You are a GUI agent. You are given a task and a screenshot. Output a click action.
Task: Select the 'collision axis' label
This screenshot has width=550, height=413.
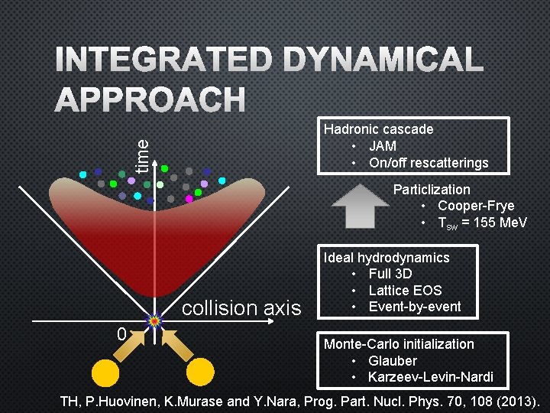pyautogui.click(x=242, y=308)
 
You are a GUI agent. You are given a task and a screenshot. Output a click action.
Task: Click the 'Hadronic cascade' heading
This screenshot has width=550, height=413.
pyautogui.click(x=378, y=129)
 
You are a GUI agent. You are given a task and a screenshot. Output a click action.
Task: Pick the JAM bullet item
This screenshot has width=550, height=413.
pyautogui.click(x=382, y=146)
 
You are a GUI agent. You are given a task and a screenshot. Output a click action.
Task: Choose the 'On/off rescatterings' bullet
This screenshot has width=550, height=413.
pyautogui.click(x=428, y=163)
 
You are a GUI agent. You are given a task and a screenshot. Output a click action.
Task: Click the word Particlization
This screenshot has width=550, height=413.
pyautogui.click(x=432, y=189)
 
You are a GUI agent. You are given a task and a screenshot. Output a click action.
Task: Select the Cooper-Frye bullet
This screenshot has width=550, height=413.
pyautogui.click(x=476, y=206)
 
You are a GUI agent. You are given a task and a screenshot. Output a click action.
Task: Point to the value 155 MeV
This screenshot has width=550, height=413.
pyautogui.click(x=497, y=223)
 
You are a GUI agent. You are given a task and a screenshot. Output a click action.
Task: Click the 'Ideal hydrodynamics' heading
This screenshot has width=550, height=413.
pyautogui.click(x=387, y=258)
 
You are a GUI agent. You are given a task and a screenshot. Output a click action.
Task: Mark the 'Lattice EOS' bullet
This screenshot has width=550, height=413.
pyautogui.click(x=405, y=291)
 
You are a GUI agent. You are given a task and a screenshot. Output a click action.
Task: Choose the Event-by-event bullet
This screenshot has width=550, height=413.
pyautogui.click(x=415, y=307)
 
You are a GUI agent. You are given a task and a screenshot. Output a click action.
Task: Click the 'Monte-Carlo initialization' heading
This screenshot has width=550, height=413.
pyautogui.click(x=399, y=344)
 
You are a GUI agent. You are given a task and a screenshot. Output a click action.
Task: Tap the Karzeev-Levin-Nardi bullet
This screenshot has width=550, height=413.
pyautogui.click(x=430, y=377)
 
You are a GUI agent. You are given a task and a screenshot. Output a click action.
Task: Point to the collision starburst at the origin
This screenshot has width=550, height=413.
pyautogui.click(x=154, y=321)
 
